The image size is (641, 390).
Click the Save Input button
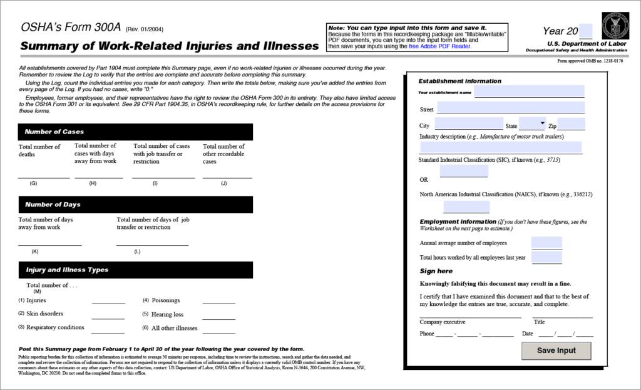pos(556,350)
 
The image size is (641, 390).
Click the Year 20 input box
pos(585,31)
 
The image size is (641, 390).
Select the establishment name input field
pos(529,92)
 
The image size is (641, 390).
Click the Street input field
pos(511,108)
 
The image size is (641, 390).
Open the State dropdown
pos(533,124)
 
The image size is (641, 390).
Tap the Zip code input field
pos(571,124)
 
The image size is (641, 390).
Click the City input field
pos(469,124)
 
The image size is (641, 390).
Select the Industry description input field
pos(501,147)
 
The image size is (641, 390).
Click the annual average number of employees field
pos(546,243)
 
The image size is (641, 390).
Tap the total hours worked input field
pos(546,257)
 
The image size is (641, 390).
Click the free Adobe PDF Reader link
pos(440,46)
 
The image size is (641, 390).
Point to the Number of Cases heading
pos(54,132)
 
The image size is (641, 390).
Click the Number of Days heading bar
pos(53,204)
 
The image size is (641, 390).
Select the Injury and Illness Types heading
pos(67,270)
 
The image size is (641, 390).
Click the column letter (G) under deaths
pos(33,184)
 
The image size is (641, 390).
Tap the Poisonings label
pos(166,300)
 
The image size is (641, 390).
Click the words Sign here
pos(436,271)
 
